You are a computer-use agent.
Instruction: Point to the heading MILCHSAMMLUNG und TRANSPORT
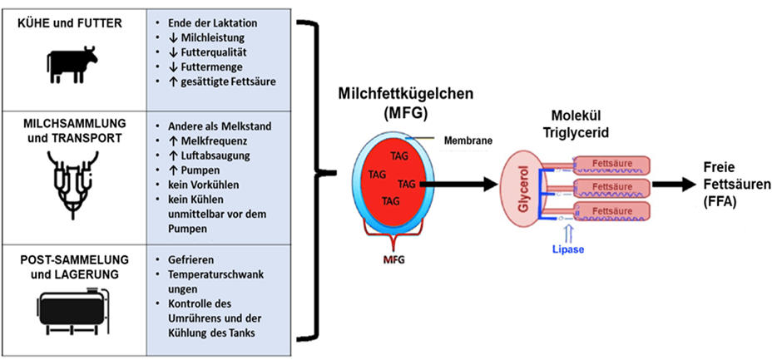[72, 132]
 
